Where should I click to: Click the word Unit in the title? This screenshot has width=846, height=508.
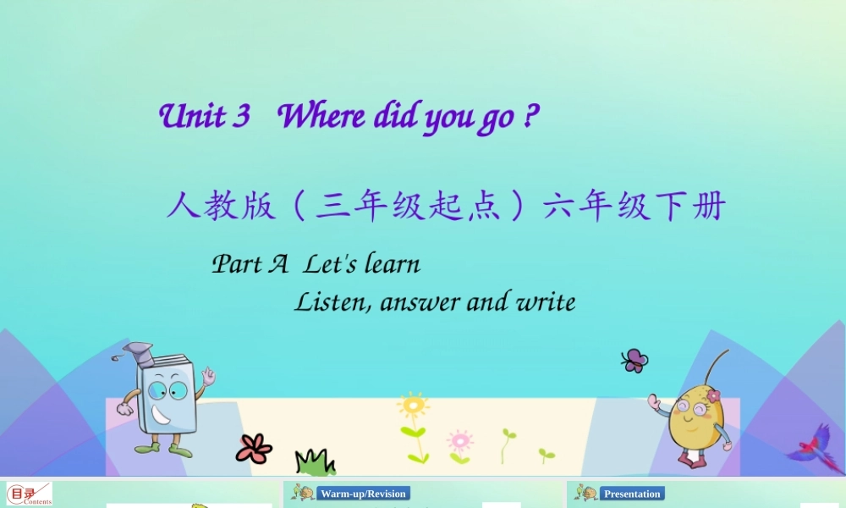[x=192, y=116]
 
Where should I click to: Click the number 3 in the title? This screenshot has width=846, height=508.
[x=242, y=116]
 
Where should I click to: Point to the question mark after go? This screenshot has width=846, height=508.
[x=530, y=116]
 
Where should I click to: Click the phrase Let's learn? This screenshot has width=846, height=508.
[x=362, y=264]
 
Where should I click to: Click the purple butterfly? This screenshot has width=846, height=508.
[x=634, y=361]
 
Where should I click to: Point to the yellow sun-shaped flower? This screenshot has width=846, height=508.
[x=413, y=406]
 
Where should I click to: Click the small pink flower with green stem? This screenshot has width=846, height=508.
[x=459, y=441]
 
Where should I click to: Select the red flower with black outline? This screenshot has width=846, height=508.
[x=253, y=448]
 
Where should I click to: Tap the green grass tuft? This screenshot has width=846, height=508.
[x=315, y=462]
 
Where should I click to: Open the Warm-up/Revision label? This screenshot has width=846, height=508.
[x=363, y=493]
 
